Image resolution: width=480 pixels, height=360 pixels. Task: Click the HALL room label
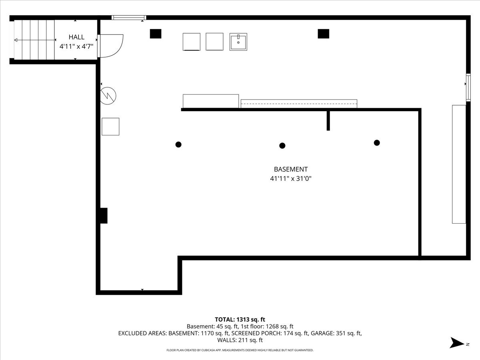click(x=76, y=37)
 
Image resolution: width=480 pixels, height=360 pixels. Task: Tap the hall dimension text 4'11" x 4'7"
click(x=76, y=46)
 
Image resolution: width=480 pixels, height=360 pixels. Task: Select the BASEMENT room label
click(x=291, y=169)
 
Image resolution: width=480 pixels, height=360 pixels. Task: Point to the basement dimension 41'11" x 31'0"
click(x=291, y=179)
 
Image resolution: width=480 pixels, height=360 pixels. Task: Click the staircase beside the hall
click(x=34, y=40)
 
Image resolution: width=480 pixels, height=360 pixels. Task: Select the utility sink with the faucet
click(x=238, y=42)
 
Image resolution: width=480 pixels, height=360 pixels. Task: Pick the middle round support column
click(x=282, y=146)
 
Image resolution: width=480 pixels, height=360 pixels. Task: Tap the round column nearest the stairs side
click(x=178, y=144)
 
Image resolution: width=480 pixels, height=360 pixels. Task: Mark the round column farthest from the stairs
click(x=376, y=142)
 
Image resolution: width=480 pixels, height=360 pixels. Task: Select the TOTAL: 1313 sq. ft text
click(x=240, y=319)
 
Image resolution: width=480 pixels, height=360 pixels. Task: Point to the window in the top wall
click(x=129, y=18)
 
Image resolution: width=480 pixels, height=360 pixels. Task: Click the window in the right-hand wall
click(x=468, y=86)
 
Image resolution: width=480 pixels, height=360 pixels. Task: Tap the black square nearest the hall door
click(x=156, y=34)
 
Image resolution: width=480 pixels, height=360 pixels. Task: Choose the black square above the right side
click(x=323, y=34)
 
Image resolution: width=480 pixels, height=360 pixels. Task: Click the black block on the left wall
click(x=104, y=216)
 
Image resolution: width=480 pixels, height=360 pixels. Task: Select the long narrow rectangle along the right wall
click(x=459, y=164)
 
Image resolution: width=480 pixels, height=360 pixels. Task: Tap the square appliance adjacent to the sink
click(x=214, y=42)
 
